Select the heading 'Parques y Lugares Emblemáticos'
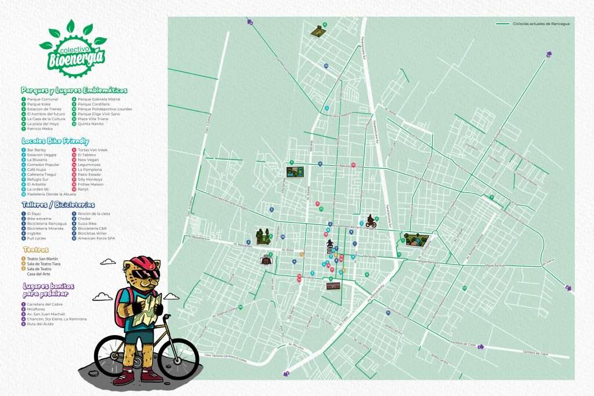click(74, 90)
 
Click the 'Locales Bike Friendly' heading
click(55, 141)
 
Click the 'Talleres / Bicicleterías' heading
click(58, 205)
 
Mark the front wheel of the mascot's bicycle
click(178, 357)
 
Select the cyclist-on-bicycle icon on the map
click(370, 221)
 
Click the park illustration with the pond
click(416, 239)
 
